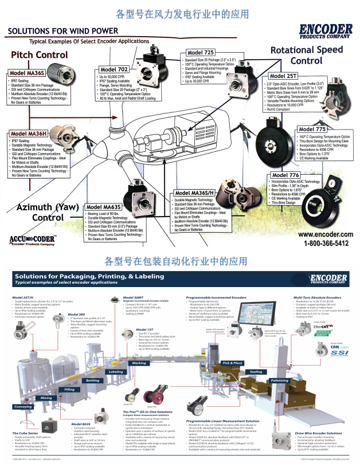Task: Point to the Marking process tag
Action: (x=139, y=347)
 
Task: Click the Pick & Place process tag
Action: (x=232, y=347)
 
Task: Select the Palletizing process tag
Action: (x=280, y=364)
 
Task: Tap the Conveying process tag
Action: (x=24, y=406)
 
